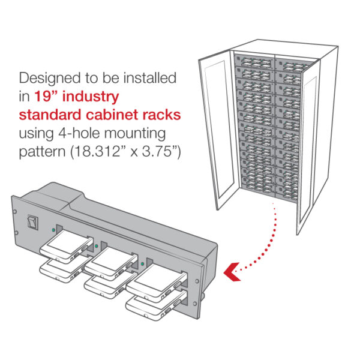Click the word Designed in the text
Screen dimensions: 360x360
point(50,79)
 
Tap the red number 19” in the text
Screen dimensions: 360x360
point(46,96)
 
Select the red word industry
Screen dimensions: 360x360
point(91,97)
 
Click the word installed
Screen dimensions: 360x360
point(150,78)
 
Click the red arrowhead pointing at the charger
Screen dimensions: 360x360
point(232,272)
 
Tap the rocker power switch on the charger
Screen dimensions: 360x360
point(32,222)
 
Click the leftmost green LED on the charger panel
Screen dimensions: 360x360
point(53,230)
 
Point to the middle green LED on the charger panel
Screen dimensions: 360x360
point(97,247)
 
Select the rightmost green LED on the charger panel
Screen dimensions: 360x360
point(142,264)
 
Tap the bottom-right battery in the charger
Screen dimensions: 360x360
point(156,305)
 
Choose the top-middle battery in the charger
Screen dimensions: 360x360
point(111,263)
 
